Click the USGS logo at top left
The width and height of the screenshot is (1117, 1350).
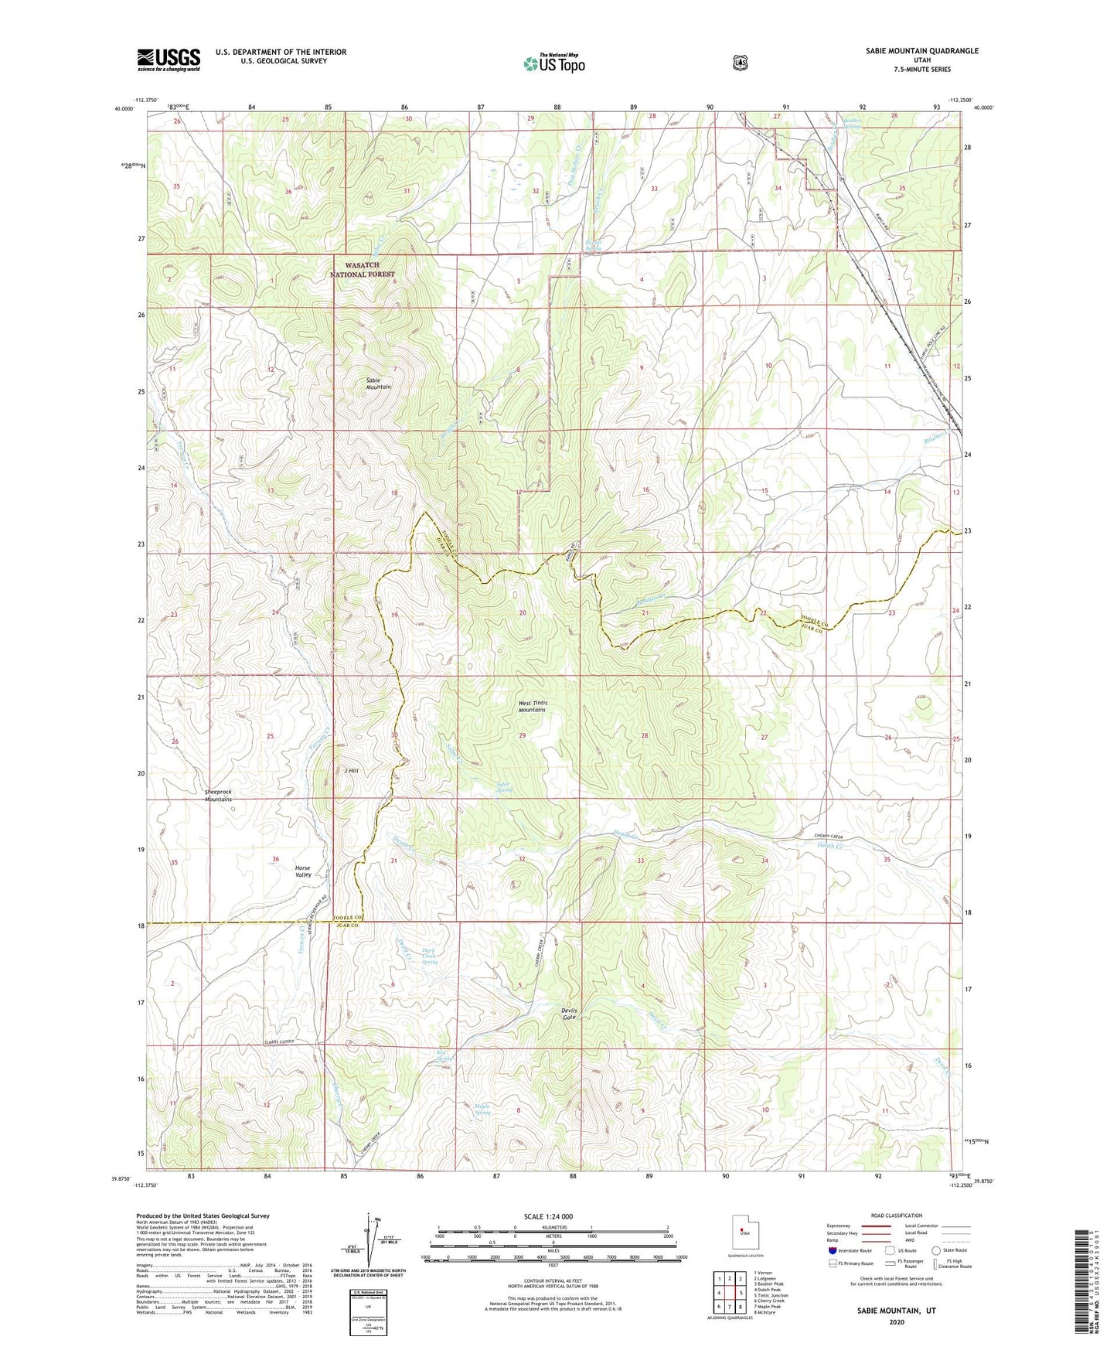[169, 60]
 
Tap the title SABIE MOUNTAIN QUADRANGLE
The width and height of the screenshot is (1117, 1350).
[911, 51]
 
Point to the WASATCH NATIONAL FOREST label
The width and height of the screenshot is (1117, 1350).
[363, 270]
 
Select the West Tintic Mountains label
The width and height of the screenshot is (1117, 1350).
[532, 706]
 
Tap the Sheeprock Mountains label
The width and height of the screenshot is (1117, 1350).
[218, 796]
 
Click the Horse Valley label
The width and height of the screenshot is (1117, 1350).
[303, 871]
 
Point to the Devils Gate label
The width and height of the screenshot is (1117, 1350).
[569, 1014]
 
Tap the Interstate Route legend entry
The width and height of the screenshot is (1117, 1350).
[850, 1250]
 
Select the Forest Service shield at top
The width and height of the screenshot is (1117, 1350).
[740, 62]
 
